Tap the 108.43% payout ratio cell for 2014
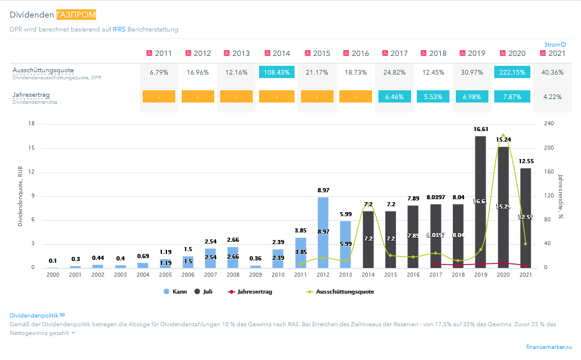(277, 72)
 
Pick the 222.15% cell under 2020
(512, 72)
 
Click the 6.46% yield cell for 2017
(394, 96)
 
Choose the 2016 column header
(356, 53)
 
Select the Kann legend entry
(175, 291)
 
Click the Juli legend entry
(203, 291)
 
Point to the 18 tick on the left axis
(32, 123)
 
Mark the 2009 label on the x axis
(255, 274)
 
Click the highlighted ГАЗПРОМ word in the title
(77, 14)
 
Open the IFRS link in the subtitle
(119, 29)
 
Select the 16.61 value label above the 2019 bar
(480, 129)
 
